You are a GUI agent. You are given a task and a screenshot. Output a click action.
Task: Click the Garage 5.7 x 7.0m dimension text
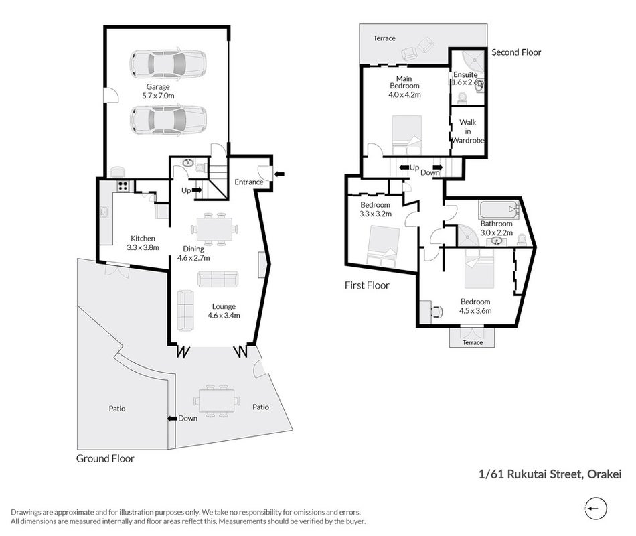click(x=158, y=96)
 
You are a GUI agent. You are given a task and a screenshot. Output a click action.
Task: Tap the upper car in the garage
click(x=168, y=64)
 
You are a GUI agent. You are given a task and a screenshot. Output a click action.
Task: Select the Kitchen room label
click(x=143, y=239)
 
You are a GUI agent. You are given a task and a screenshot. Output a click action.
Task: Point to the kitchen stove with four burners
click(x=123, y=186)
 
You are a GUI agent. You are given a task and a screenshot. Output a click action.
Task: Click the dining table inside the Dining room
click(x=214, y=229)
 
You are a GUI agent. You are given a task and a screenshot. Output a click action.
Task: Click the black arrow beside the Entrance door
click(x=279, y=174)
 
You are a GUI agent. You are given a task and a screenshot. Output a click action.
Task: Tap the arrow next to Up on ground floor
click(x=197, y=190)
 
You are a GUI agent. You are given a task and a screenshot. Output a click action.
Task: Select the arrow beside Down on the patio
click(x=172, y=419)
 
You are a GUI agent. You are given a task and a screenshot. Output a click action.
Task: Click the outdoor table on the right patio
click(x=216, y=401)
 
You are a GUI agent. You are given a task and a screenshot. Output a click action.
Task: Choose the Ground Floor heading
click(x=105, y=458)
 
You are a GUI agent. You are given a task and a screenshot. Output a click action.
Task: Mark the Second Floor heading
click(x=516, y=52)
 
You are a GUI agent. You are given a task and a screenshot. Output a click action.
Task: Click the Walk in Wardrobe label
click(x=468, y=131)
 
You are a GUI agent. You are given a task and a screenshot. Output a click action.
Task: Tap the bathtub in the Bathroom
click(x=499, y=210)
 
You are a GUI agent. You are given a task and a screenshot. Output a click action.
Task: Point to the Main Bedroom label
click(x=404, y=82)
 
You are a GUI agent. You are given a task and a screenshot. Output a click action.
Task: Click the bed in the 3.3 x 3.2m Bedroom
click(x=383, y=247)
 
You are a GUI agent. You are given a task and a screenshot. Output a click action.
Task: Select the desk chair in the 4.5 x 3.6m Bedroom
click(x=436, y=312)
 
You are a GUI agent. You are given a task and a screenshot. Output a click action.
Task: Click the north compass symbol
click(x=595, y=508)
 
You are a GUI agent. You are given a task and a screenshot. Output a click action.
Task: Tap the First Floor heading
click(x=367, y=285)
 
